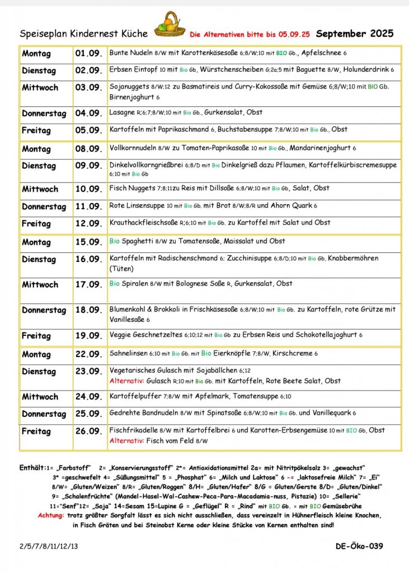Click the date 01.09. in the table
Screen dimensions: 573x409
click(88, 54)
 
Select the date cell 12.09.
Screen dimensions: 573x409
click(88, 223)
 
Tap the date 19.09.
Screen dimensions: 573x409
click(88, 336)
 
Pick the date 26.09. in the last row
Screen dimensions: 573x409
click(88, 431)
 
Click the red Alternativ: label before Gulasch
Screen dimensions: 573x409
click(127, 381)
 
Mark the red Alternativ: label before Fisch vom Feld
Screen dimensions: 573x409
click(127, 441)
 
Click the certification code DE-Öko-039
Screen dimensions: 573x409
click(359, 546)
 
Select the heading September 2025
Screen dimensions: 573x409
click(355, 34)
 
